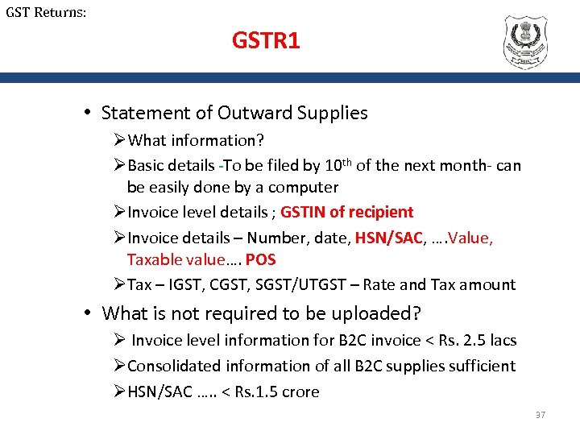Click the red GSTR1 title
point(266,40)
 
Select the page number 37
point(540,415)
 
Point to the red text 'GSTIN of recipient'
point(346,212)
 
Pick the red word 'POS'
point(260,259)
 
